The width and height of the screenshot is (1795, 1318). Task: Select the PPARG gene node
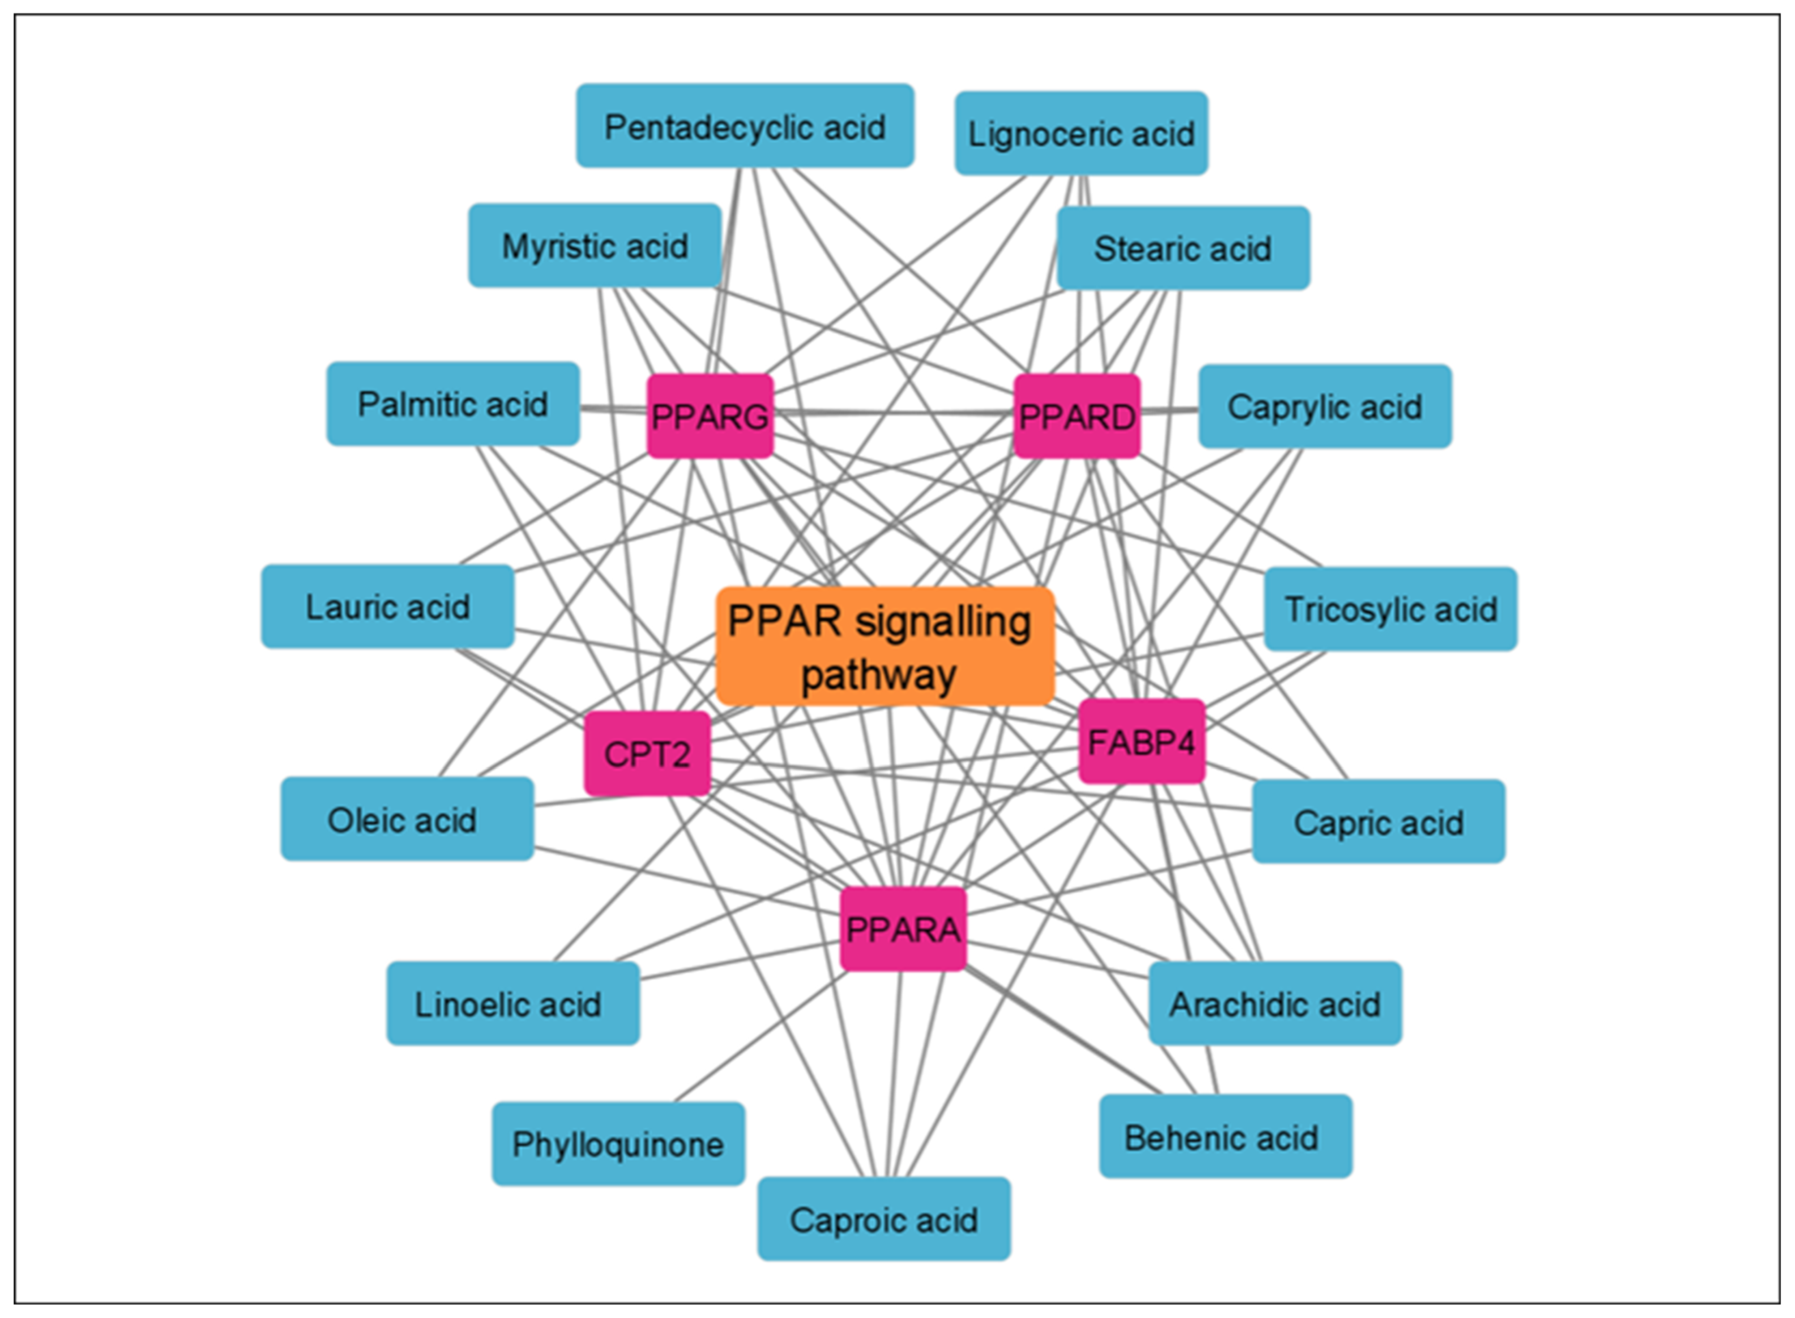710,416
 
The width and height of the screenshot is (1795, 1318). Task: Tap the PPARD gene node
1077,416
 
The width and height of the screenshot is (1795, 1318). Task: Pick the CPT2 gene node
647,753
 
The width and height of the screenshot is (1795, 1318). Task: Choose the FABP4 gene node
1141,741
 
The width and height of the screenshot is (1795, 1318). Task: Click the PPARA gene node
903,929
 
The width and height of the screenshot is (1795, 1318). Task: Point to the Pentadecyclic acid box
745,126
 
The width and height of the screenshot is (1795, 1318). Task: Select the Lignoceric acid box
1081,133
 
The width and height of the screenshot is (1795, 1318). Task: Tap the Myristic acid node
595,246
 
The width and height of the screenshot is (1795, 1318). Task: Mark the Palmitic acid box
453,404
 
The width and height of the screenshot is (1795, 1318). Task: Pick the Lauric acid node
387,606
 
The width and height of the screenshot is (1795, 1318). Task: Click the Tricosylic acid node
1391,609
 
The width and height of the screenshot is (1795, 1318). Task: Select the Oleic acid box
407,819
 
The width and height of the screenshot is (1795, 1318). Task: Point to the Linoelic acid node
513,1004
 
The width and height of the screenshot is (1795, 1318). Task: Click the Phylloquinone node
618,1144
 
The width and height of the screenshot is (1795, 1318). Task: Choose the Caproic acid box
884,1219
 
